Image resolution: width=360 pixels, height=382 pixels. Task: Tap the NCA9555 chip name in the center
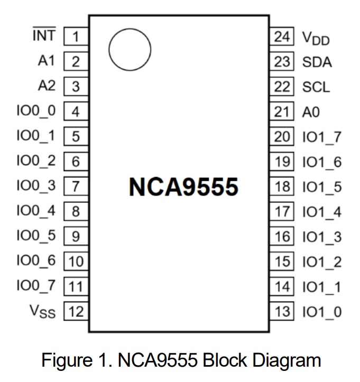click(x=183, y=187)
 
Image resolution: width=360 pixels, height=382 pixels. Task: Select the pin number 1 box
click(x=76, y=36)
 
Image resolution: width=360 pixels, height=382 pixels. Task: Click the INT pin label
click(x=44, y=35)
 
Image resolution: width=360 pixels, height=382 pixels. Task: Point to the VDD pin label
click(x=316, y=38)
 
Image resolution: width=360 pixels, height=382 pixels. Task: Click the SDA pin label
click(x=317, y=62)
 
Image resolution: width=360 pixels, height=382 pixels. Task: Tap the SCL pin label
click(x=316, y=87)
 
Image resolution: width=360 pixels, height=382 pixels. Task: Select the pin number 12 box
click(x=76, y=311)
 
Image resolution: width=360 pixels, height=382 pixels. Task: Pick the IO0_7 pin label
click(x=36, y=286)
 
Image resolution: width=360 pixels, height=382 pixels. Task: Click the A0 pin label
click(x=311, y=111)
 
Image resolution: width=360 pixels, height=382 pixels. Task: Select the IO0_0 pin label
click(x=36, y=111)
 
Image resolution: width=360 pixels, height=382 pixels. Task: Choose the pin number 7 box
click(x=76, y=187)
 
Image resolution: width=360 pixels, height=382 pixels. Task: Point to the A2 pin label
click(x=47, y=86)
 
